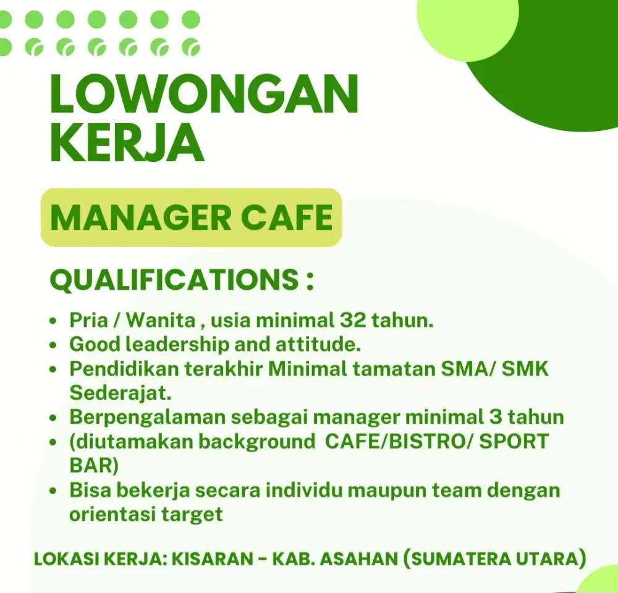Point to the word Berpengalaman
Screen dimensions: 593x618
pos(147,416)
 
